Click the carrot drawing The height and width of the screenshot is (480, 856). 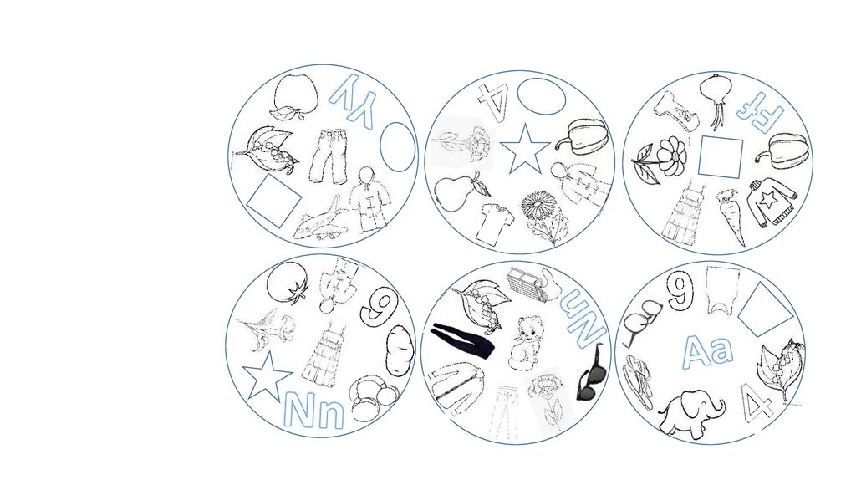[x=731, y=217]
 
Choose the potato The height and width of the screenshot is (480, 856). [x=400, y=350]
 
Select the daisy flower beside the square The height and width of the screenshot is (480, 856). [x=670, y=155]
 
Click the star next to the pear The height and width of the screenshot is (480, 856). [x=525, y=150]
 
